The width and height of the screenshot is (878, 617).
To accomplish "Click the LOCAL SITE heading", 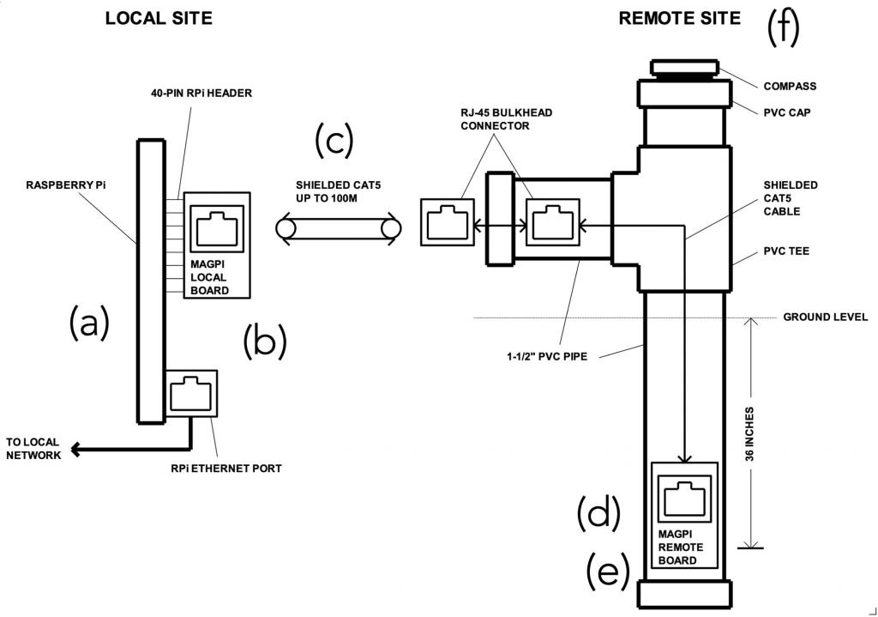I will coord(159,18).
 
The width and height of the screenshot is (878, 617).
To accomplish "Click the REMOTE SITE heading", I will coord(679,18).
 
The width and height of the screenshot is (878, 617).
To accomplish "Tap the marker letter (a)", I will coord(89,324).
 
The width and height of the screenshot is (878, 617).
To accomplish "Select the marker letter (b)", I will coord(264,341).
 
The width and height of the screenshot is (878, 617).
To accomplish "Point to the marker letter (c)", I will coord(334,140).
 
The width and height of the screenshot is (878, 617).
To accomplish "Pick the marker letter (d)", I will coord(598,512).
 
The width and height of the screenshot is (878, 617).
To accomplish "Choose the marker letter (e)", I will coord(606,569).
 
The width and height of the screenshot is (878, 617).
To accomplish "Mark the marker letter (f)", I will coord(782,27).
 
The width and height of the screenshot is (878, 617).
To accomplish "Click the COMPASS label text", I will coord(790,86).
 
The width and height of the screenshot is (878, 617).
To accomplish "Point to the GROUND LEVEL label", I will coord(825,317).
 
